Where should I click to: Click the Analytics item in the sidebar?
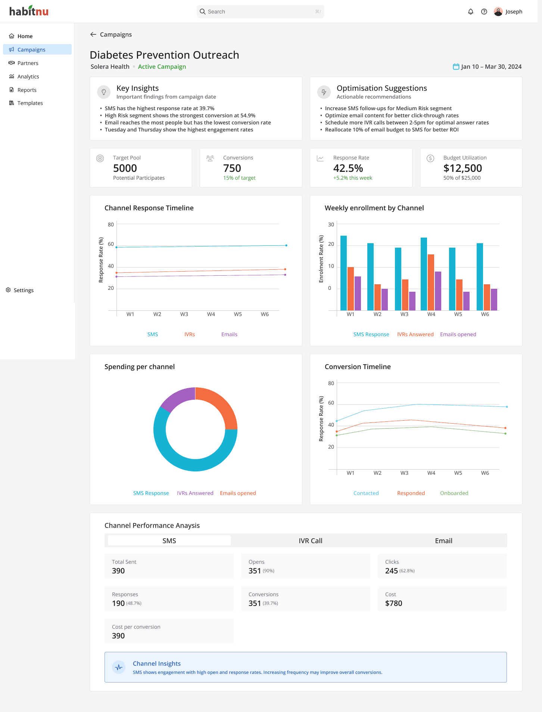(28, 77)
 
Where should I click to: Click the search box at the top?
(260, 12)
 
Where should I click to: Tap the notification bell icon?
(471, 12)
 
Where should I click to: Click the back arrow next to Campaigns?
(93, 34)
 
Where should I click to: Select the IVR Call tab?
(311, 541)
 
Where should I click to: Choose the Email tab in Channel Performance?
(443, 541)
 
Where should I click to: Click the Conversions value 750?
(232, 168)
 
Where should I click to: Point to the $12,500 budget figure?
(462, 168)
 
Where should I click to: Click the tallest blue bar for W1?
(343, 273)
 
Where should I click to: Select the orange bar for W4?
(431, 282)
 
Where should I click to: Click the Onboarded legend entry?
(454, 493)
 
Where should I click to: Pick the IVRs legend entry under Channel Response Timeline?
(190, 334)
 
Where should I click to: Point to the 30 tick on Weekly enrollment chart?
(331, 225)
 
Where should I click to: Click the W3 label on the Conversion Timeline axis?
(404, 473)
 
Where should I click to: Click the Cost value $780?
(394, 603)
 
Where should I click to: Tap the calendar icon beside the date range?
(456, 66)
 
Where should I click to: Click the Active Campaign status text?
(162, 66)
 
